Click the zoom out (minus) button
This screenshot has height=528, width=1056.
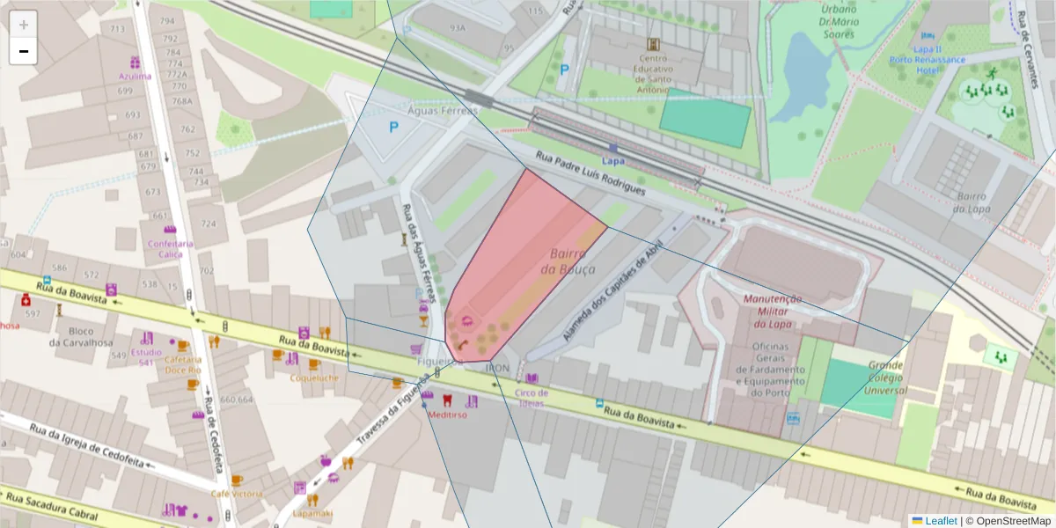24,52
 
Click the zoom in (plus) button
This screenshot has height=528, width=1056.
24,25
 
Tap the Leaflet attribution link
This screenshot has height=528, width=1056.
934,520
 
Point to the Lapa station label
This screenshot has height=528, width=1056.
612,161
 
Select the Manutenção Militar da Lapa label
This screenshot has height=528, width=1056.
772,311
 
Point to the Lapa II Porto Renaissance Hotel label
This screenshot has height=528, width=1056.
939,60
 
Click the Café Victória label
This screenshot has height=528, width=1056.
235,493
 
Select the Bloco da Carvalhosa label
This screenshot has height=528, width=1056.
80,337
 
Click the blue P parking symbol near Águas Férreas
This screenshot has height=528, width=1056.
394,128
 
